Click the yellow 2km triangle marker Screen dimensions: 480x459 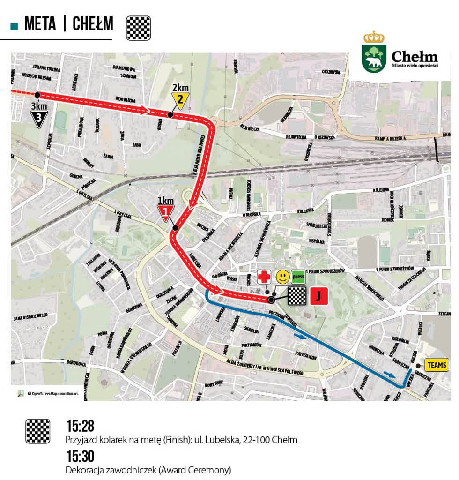click(180, 100)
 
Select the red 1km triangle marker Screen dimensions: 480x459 click(166, 214)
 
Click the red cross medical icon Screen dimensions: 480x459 click(264, 277)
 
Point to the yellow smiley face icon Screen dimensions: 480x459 click(282, 277)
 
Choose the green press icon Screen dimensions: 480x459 click(298, 277)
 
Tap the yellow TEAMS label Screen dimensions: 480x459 click(437, 364)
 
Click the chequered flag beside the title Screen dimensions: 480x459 click(139, 28)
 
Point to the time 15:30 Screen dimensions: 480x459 click(80, 456)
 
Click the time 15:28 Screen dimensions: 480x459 click(80, 426)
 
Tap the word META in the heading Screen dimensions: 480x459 click(40, 24)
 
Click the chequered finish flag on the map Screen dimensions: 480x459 click(296, 296)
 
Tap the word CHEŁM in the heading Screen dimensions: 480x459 click(93, 24)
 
